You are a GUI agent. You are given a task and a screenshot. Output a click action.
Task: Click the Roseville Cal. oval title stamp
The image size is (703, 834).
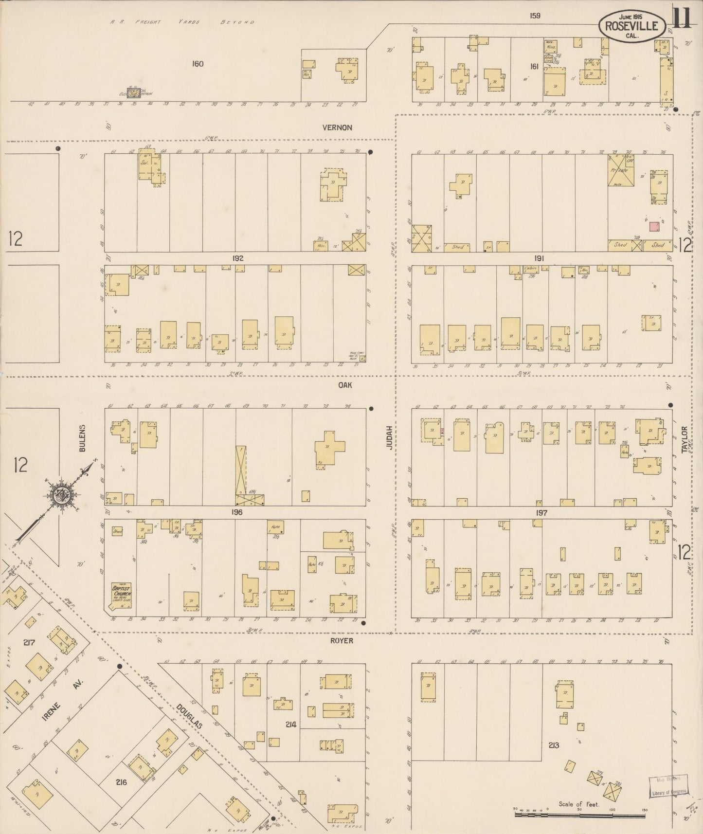click(x=632, y=26)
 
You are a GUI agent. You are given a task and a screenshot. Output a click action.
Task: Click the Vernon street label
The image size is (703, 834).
click(x=337, y=127)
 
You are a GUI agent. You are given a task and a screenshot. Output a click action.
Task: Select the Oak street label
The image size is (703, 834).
click(x=345, y=385)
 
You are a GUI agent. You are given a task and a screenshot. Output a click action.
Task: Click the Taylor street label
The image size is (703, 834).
click(x=685, y=439)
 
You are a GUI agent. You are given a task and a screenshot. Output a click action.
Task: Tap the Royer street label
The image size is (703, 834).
click(x=342, y=641)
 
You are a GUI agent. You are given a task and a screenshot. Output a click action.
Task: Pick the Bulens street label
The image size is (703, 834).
click(x=82, y=438)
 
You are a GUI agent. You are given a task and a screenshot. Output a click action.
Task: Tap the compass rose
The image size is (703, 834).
click(x=62, y=495)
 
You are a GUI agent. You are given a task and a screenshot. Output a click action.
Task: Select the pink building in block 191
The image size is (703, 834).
click(x=654, y=226)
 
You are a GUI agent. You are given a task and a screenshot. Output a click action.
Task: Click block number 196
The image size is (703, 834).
click(x=237, y=512)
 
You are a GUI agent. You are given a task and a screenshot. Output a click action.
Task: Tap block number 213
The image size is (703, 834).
click(x=553, y=745)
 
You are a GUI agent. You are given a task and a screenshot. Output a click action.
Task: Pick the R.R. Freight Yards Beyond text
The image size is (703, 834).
click(x=182, y=22)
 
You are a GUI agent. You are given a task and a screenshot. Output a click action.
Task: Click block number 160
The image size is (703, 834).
click(x=198, y=64)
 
